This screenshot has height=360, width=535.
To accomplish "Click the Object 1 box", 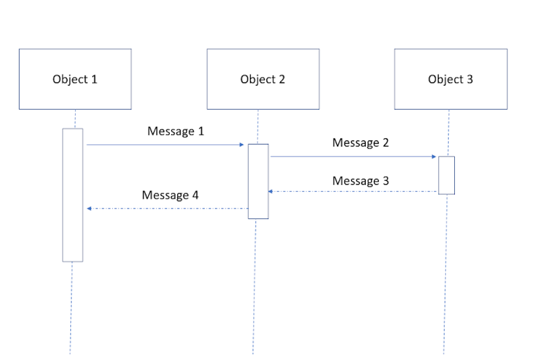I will coord(75,79).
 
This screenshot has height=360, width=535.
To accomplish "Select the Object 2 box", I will coord(263,79).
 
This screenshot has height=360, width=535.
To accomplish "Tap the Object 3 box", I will coord(450,79).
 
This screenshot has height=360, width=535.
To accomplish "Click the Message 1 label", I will coord(175,131).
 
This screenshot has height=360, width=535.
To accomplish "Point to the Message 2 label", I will coord(360,143).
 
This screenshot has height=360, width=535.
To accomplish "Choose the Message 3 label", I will coord(360,181).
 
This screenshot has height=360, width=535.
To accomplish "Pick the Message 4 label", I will coord(170,195).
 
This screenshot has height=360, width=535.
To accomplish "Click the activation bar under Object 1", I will coord(73,195).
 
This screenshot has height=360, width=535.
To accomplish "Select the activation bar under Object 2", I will coord(258,181).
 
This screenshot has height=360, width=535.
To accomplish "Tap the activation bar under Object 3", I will coord(446,175).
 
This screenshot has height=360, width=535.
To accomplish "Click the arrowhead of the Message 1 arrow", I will coord(241,145).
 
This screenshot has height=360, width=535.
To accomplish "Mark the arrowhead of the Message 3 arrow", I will coord(271,192).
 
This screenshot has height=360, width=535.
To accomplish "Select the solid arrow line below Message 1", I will coord(163,145).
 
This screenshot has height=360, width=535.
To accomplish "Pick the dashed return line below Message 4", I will coord(169,208).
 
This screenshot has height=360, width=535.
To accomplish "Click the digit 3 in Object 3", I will coord(470,79).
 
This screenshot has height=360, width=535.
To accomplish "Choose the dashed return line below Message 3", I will coord(354,192).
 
